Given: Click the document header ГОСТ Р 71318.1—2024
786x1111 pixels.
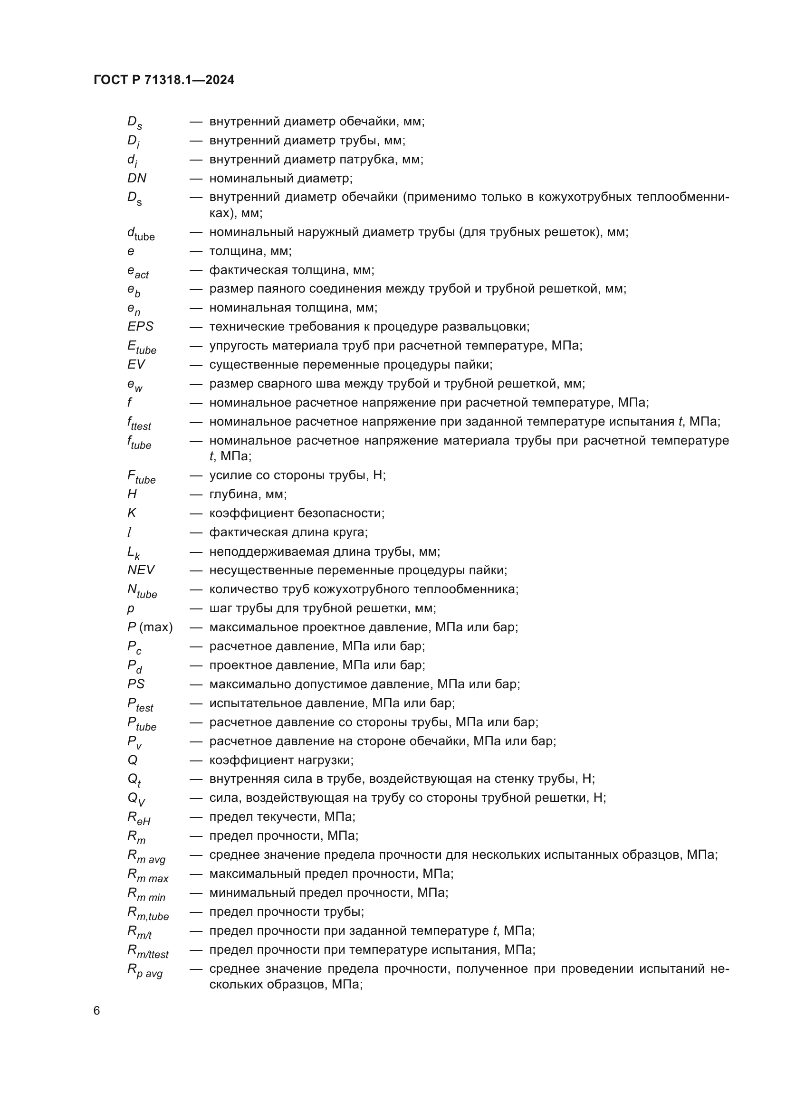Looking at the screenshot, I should coord(163,80).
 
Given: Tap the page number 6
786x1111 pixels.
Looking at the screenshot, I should coord(97,1011).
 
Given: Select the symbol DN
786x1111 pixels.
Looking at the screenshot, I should coord(136,178).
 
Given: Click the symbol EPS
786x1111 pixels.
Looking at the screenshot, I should coord(140,327).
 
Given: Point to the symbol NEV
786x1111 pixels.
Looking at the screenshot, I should coord(141,570).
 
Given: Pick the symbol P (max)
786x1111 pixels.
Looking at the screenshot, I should coord(150,627).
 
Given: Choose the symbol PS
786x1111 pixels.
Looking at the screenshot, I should coord(136,684).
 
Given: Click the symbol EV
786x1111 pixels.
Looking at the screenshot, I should coord(136,364).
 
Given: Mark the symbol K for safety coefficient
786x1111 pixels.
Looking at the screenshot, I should coord(132,513).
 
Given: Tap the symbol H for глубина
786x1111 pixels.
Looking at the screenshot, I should coord(132,494).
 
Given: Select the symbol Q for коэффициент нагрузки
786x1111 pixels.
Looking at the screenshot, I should coord(132,760).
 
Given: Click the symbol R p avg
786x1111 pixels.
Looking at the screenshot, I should coord(145,971).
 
